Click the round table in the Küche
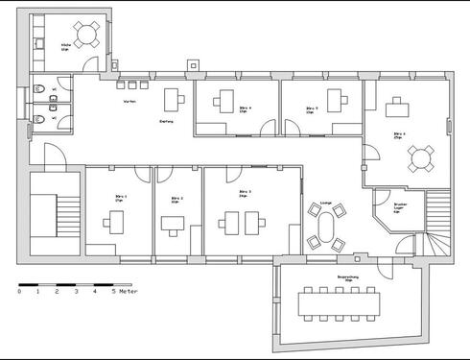tap(86, 36)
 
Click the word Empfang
tap(165, 121)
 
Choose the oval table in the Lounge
tap(324, 230)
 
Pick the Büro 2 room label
tap(176, 200)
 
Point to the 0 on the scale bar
tap(20, 291)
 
